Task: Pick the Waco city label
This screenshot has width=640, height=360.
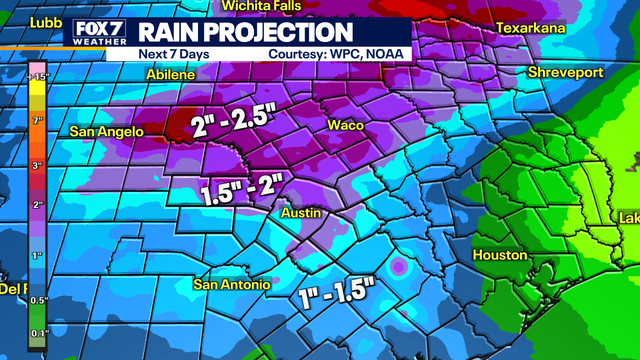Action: pos(345,125)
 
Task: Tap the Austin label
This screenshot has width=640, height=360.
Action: pos(299,212)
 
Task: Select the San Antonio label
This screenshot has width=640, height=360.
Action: pos(231,285)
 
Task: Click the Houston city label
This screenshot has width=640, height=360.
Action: pos(499,255)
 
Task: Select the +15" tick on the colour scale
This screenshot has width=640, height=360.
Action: pos(38,77)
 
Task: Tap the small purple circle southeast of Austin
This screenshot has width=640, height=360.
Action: pos(399,268)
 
